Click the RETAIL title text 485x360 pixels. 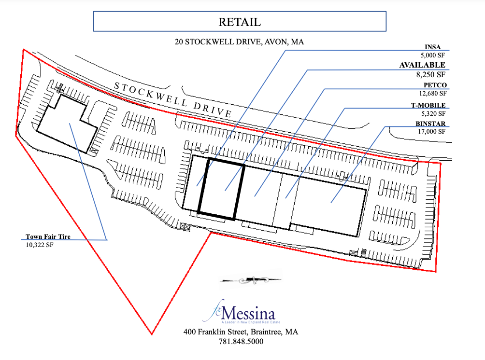240,22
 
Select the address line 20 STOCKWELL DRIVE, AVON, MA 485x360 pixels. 240,42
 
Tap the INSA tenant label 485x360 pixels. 437,47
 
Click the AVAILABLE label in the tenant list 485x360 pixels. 422,65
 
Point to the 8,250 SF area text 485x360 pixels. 432,75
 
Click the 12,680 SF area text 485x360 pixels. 433,94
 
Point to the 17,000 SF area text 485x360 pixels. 432,131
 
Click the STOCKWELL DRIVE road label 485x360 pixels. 173,99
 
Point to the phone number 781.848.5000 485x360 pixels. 240,341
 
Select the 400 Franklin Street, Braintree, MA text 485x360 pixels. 240,332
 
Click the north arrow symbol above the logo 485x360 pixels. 250,278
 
